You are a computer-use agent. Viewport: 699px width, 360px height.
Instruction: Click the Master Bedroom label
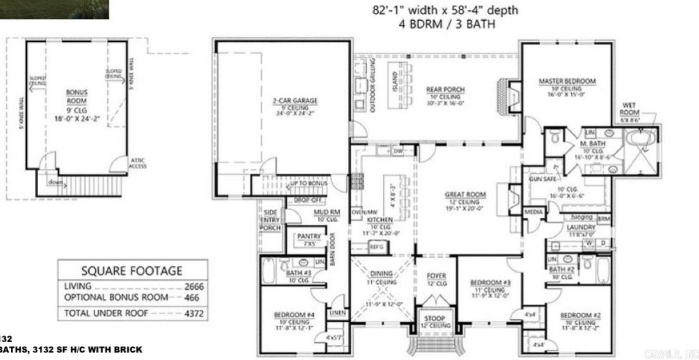[567, 81]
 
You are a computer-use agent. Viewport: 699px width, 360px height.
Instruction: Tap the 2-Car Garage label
[295, 101]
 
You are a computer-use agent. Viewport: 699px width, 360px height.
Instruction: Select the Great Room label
[465, 194]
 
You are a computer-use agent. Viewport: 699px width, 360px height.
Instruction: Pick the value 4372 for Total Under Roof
[191, 313]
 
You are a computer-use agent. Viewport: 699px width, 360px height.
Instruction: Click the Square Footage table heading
[132, 271]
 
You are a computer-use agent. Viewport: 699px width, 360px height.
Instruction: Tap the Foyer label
[437, 276]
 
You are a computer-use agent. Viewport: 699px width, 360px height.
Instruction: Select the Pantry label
[309, 237]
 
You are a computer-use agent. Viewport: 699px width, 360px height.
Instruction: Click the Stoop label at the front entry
[435, 318]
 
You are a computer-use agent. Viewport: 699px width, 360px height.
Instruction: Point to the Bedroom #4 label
[294, 314]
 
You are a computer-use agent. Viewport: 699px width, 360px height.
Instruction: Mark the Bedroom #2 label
[580, 315]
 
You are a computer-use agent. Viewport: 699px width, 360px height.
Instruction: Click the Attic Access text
[137, 163]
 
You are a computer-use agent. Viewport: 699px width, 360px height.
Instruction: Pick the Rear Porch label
[446, 90]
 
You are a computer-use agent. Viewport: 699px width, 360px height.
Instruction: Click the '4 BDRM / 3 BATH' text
[445, 24]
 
